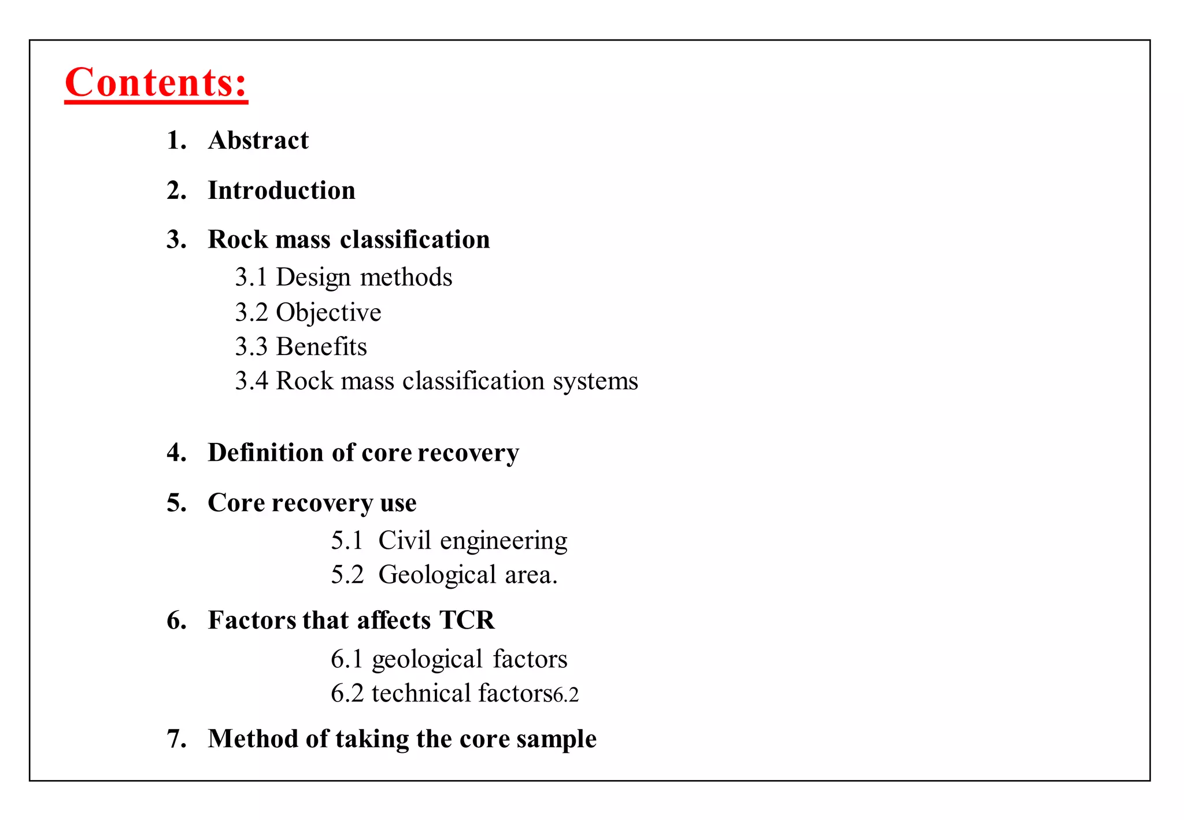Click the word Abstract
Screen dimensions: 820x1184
pos(258,141)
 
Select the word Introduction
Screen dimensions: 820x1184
pos(282,191)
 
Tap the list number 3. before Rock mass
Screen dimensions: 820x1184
pos(176,240)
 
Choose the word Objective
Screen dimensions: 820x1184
pos(328,313)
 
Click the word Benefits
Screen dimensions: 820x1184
pos(321,347)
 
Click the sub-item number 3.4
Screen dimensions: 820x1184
pos(251,382)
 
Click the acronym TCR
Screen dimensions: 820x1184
pos(467,620)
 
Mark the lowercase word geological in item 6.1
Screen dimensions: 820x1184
pos(427,660)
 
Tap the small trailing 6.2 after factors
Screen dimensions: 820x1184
pos(566,695)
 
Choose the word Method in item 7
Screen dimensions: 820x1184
pos(253,739)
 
